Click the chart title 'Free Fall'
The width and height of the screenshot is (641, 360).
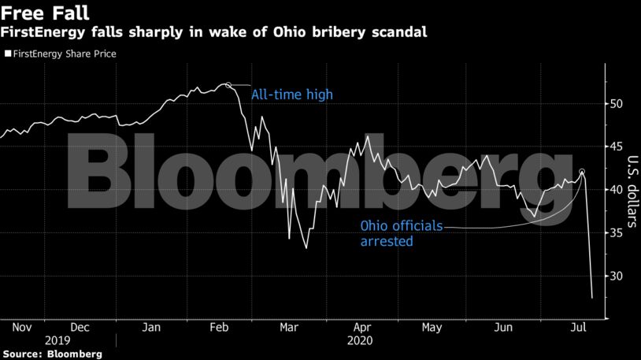tap(44, 13)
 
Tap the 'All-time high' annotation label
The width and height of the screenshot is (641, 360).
tap(291, 95)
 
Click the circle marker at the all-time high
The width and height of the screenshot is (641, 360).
tap(228, 85)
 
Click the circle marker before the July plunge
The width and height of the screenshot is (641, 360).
tap(582, 172)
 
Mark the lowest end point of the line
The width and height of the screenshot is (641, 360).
tap(592, 298)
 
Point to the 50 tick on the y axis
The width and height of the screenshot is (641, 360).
tap(617, 104)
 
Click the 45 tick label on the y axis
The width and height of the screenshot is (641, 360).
tap(617, 147)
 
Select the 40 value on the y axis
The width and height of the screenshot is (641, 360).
tap(617, 190)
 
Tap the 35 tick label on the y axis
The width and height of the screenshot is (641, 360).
tap(617, 233)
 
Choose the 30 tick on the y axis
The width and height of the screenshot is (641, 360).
tap(617, 276)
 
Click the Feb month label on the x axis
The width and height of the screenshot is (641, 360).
tap(220, 327)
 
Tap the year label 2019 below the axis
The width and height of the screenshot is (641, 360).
tap(57, 341)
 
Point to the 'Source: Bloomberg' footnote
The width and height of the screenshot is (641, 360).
tap(51, 354)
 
